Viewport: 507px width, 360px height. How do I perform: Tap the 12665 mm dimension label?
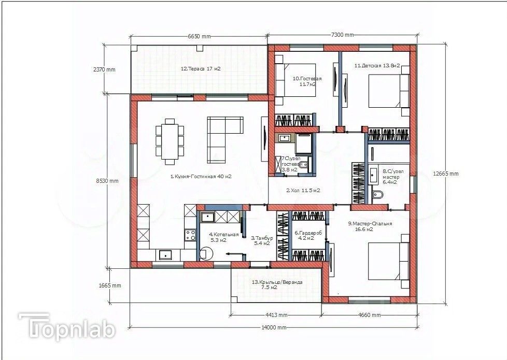[446, 174]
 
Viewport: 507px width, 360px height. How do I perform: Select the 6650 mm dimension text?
[199, 36]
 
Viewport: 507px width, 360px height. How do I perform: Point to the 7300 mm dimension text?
[342, 35]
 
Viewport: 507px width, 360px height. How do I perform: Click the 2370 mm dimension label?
[104, 69]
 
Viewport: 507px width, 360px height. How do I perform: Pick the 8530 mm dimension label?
[107, 181]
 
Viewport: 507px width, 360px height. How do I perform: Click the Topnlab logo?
[67, 326]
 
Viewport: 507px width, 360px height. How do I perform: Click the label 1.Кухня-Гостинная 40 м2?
[200, 176]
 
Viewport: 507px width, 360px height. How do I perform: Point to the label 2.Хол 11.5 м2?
[303, 190]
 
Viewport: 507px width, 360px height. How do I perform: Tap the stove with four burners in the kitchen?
[190, 234]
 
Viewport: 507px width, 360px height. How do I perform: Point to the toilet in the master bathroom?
[377, 195]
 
